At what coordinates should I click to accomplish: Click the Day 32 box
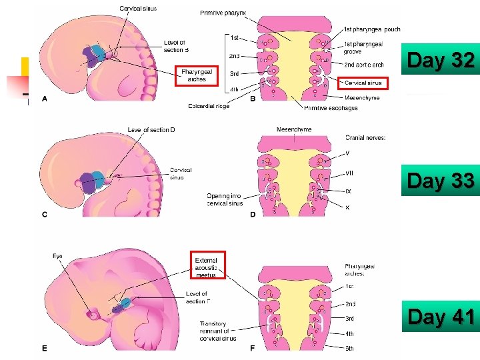coord(441,61)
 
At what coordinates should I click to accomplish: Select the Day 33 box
coord(441,181)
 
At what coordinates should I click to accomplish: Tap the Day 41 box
coord(441,316)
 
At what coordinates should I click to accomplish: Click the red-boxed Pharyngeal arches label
coord(197,75)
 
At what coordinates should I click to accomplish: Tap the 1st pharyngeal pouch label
coord(372,29)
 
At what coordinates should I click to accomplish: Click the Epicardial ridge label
coord(210,106)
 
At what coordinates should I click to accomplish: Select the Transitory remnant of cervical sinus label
coord(217,331)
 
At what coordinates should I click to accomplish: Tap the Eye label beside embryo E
coord(57,255)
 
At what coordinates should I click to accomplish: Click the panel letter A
coord(45,99)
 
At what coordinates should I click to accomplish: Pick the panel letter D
coord(253,214)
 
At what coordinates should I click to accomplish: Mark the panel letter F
coord(253,347)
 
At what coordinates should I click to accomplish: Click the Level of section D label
coord(151,129)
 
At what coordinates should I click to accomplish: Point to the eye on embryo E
coord(94,313)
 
